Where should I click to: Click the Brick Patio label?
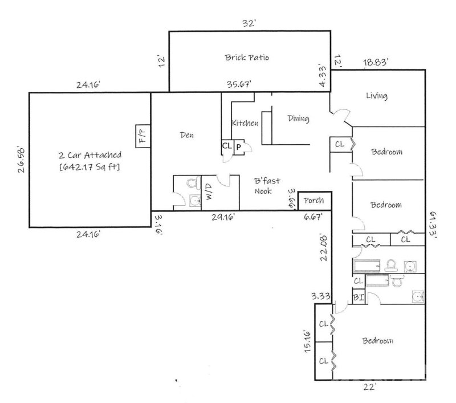(246, 58)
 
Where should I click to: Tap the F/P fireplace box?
(141, 136)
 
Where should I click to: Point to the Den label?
(187, 135)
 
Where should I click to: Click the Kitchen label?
(245, 123)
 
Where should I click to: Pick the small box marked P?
(238, 147)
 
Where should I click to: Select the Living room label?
(377, 96)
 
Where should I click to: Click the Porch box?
(314, 201)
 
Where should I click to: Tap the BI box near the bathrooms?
(358, 298)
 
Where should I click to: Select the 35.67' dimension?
(239, 84)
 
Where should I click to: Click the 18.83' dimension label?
(377, 63)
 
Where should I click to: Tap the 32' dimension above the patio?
(249, 24)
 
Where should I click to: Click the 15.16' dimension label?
(307, 341)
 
